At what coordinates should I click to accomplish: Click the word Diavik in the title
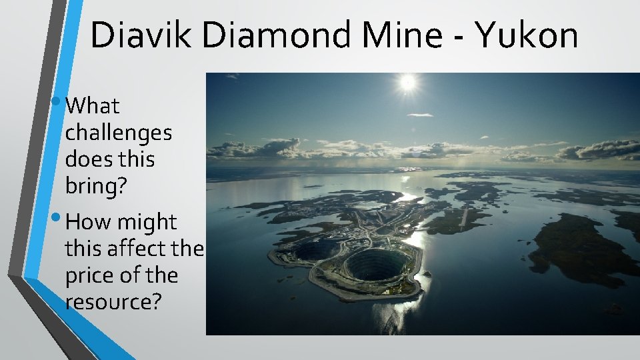pos(141,35)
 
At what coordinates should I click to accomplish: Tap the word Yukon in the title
pos(527,35)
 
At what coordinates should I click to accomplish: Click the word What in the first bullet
pos(93,106)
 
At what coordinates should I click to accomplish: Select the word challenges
pos(118,133)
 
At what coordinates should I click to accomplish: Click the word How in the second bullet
pos(90,222)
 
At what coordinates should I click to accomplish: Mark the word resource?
pos(113,302)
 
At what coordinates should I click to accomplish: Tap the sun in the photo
pos(407,83)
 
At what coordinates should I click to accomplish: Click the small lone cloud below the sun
pos(420,115)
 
